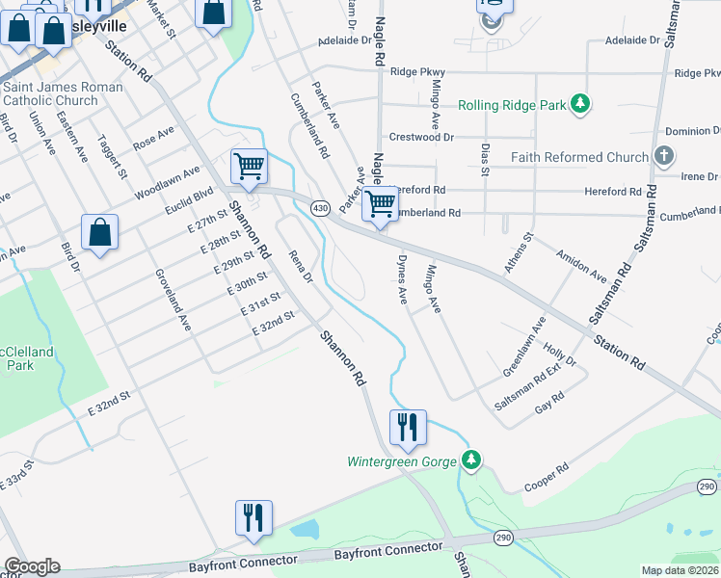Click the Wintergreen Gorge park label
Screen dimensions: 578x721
pyautogui.click(x=401, y=461)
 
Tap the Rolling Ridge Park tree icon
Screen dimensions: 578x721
pyautogui.click(x=579, y=104)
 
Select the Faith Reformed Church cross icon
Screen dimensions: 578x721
pyautogui.click(x=663, y=156)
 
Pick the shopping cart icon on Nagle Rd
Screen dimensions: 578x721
pyautogui.click(x=381, y=204)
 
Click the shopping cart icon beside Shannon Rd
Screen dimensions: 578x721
pyautogui.click(x=249, y=167)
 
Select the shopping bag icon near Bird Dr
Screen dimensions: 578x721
pyautogui.click(x=99, y=233)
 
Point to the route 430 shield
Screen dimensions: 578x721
pyautogui.click(x=319, y=208)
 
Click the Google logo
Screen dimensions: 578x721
pyautogui.click(x=32, y=566)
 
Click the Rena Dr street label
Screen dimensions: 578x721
pyautogui.click(x=302, y=267)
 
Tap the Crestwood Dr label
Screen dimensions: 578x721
pyautogui.click(x=421, y=138)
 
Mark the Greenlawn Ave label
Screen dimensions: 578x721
pyautogui.click(x=524, y=346)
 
